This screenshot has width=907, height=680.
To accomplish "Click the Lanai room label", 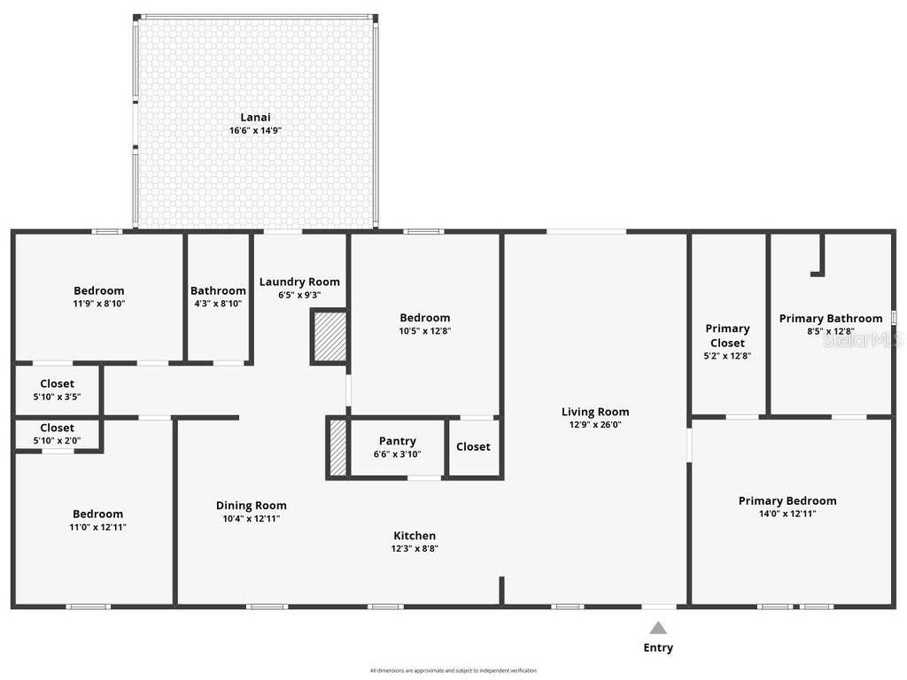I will (255, 117).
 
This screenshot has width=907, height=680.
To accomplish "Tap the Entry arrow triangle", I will (658, 628).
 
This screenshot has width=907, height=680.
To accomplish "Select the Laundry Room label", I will (299, 282).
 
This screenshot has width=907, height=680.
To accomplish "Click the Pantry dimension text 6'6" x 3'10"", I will (398, 454).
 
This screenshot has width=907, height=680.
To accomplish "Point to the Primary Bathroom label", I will (830, 319).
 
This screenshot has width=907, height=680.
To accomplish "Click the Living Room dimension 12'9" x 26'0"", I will (595, 425).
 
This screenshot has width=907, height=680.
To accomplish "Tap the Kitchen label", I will (415, 536).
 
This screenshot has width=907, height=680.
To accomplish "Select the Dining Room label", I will (252, 506).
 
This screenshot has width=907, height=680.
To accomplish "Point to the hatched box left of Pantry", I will (337, 448).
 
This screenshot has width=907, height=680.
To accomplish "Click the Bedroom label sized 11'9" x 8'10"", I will (98, 290).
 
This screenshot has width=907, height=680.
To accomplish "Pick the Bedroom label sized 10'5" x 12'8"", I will (424, 318).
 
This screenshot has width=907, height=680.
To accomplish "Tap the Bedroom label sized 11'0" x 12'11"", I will (97, 514).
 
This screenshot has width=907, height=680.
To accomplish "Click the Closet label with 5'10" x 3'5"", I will (57, 383).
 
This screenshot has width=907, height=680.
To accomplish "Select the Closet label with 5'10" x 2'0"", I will (57, 428).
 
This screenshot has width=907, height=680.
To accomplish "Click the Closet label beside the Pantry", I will (473, 447).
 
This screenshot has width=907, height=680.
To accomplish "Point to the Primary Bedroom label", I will (787, 500).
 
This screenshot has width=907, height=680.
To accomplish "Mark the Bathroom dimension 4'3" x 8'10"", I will (218, 304).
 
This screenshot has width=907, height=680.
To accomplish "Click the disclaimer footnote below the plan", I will (453, 670).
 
